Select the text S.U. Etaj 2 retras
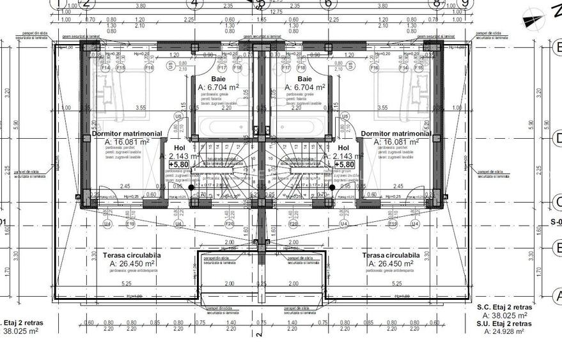[x=504, y=324]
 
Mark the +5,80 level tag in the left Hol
[x=178, y=164]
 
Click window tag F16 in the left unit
[x=150, y=67]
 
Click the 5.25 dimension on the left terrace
[x=126, y=283]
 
